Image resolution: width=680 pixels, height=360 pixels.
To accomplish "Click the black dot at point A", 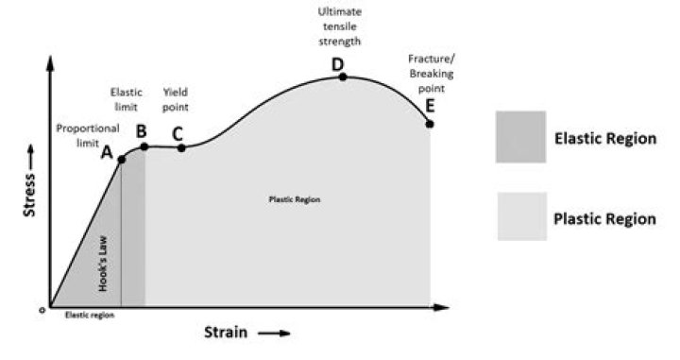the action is click(x=122, y=160).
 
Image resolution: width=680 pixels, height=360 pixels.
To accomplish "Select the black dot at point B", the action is click(x=144, y=146).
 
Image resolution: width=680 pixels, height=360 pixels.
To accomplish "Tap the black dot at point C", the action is click(x=181, y=147).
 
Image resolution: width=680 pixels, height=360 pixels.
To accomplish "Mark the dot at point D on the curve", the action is click(x=342, y=77).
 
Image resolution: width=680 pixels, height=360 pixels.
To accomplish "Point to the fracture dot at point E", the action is click(x=431, y=124).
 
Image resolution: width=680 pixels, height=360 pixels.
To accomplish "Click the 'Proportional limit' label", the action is click(x=84, y=134).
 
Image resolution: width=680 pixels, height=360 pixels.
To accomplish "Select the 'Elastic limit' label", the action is click(x=126, y=99).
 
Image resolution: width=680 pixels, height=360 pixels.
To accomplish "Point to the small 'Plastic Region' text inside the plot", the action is click(x=295, y=200).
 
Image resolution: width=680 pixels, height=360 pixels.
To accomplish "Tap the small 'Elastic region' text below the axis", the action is click(x=89, y=316).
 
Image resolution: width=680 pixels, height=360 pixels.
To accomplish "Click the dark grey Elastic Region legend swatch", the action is click(x=520, y=137).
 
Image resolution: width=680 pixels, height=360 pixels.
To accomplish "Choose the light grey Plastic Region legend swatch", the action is click(x=520, y=217).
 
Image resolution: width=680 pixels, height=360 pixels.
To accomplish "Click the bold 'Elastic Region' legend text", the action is click(x=604, y=138).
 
